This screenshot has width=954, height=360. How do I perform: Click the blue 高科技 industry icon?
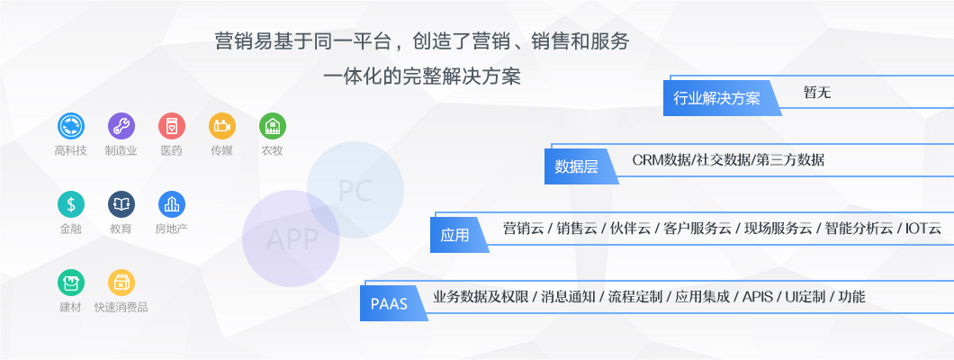click(71, 126)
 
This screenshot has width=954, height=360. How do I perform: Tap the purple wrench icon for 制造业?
click(121, 126)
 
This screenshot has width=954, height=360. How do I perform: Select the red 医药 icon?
click(172, 126)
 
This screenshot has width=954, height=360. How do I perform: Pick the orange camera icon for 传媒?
click(222, 126)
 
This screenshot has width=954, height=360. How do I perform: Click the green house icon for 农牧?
click(273, 126)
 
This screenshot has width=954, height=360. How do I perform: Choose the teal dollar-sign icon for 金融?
click(71, 204)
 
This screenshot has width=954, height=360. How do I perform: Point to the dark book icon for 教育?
click(121, 204)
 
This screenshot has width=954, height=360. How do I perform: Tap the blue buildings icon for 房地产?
click(172, 204)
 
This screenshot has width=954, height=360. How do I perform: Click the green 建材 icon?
click(71, 283)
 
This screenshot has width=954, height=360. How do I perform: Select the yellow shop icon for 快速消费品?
click(121, 283)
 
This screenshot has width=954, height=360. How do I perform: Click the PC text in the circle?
click(355, 190)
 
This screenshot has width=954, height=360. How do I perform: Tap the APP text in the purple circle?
click(292, 239)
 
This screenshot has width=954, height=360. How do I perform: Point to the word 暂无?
click(817, 93)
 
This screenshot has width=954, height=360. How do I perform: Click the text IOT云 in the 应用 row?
click(923, 229)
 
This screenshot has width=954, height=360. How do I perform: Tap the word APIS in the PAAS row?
click(758, 297)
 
